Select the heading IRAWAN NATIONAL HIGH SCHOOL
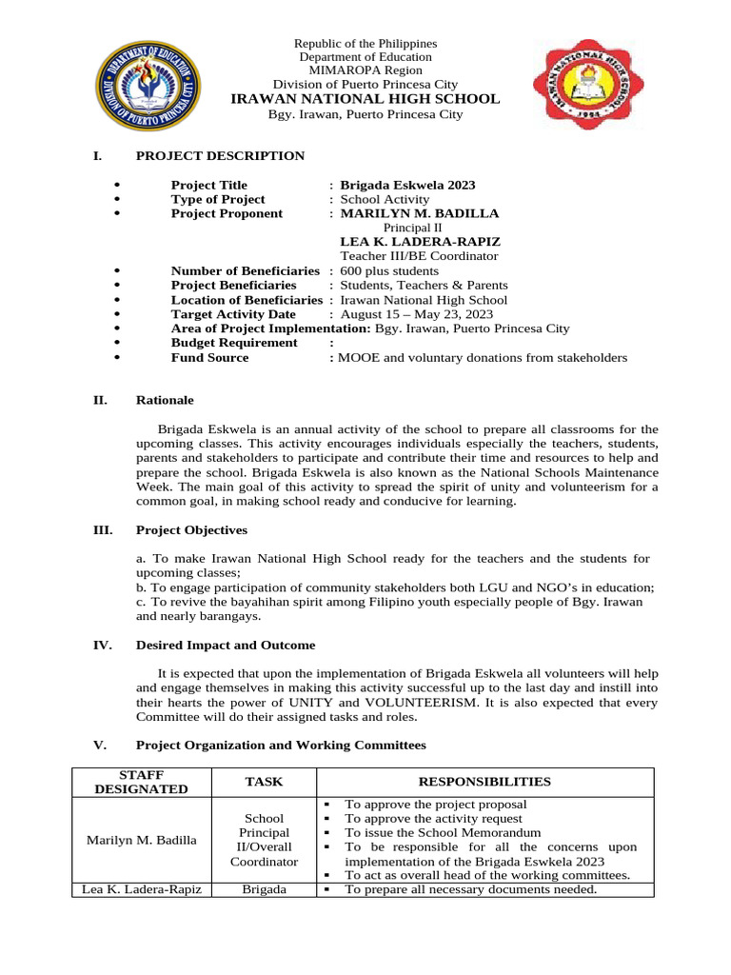click(x=365, y=99)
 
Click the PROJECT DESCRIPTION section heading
click(x=220, y=156)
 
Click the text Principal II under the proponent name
click(x=412, y=228)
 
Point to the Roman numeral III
click(x=102, y=529)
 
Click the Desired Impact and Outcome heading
click(x=226, y=646)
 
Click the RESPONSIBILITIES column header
click(x=485, y=782)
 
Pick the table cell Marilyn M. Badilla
click(x=142, y=840)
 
